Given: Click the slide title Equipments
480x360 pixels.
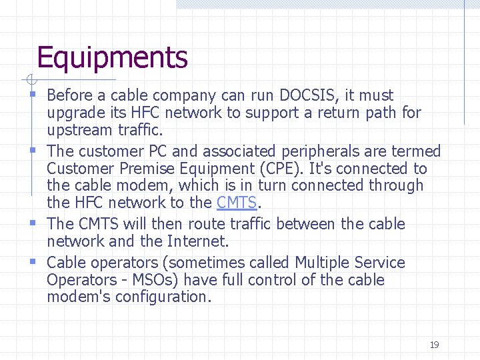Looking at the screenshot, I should tap(112, 58).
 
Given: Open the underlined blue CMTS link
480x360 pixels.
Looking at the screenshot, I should tap(237, 203).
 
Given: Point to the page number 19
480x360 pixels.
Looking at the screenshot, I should tap(434, 345).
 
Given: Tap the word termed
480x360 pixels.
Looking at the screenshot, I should tap(416, 152).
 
